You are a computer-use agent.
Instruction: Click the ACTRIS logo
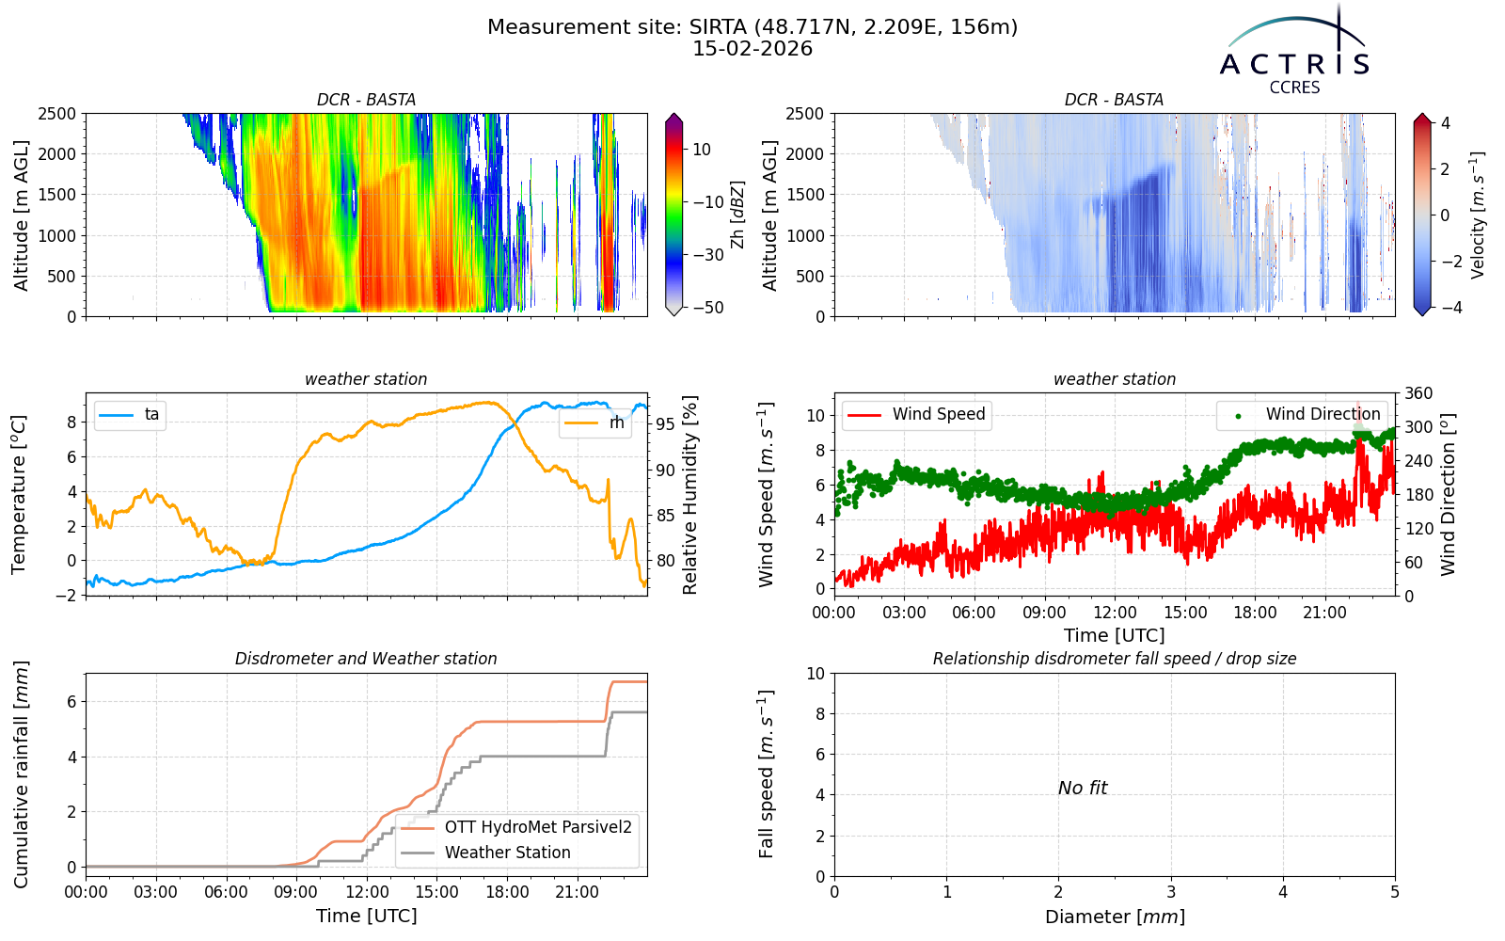1294,51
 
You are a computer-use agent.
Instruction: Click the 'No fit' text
1083,788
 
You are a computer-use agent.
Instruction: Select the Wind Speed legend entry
916,414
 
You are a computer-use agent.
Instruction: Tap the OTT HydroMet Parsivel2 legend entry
516,827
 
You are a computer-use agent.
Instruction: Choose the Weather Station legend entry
485,853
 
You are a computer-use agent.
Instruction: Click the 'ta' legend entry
130,414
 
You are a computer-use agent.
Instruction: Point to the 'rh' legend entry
594,423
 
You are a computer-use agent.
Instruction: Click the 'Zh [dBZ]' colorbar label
737,215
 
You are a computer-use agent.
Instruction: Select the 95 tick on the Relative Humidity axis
665,424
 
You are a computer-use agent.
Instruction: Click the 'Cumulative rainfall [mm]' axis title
21,774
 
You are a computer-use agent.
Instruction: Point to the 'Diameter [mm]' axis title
1115,917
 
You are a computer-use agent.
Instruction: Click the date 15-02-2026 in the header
752,48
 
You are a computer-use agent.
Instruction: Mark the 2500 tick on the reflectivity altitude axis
57,114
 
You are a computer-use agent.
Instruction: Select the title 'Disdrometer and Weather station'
366,659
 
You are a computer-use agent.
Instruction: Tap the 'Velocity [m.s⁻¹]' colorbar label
1477,215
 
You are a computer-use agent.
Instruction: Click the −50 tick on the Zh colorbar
708,308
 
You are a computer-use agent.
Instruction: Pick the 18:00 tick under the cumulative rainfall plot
507,893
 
